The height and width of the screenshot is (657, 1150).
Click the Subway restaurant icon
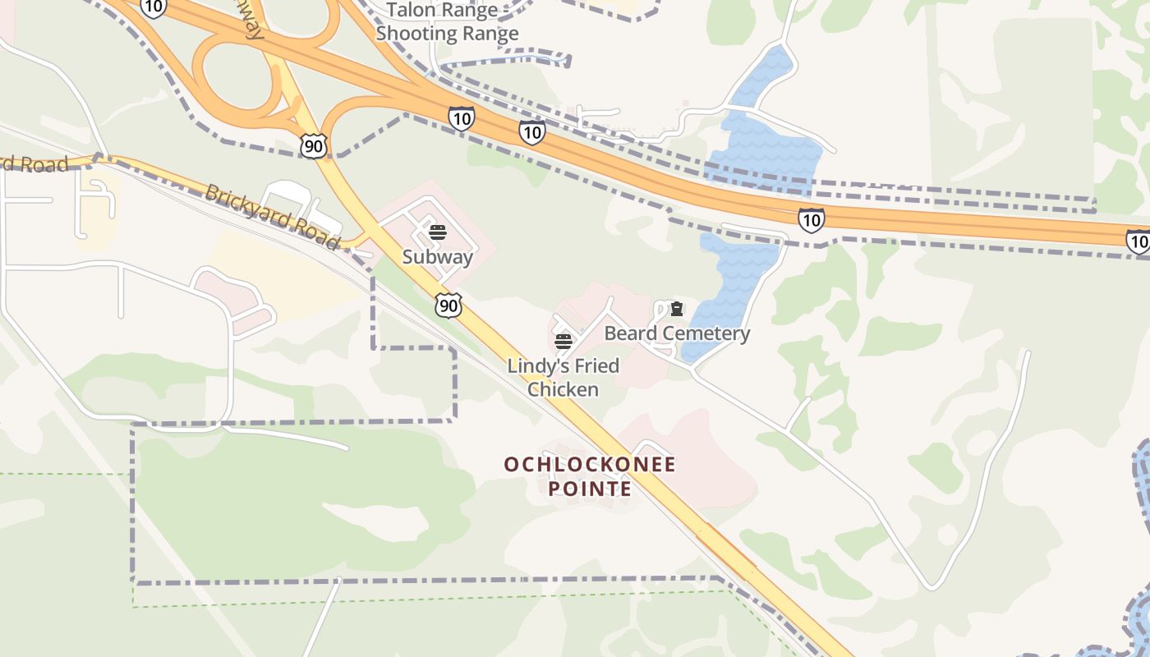coord(438,232)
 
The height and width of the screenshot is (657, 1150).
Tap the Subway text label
coord(438,257)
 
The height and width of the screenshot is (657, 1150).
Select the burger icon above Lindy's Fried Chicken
coord(563,341)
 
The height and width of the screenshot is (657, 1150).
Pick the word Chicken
coord(563,389)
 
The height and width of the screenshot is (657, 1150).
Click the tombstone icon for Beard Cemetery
coord(677,309)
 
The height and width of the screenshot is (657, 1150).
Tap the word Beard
coord(631,333)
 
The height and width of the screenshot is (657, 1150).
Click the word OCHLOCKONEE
coord(590,465)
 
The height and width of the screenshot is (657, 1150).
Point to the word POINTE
coord(590,489)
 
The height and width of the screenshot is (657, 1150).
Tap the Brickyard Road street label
coord(272,217)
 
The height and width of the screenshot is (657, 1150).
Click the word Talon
coord(408,10)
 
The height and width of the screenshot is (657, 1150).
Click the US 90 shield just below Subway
coord(448,306)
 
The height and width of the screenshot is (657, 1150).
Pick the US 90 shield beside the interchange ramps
coord(314,146)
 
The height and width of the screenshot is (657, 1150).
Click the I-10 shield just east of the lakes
coord(811,219)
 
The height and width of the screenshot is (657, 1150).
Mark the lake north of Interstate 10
coord(764,140)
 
